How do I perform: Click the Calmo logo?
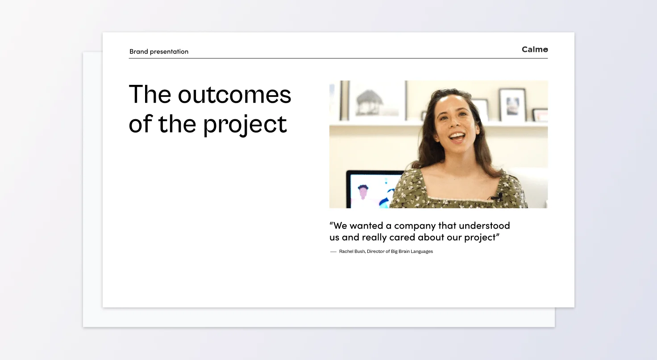click(535, 49)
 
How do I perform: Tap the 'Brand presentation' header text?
click(159, 52)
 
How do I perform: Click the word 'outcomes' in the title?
click(234, 95)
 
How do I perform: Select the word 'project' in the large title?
click(245, 125)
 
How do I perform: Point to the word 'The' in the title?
click(150, 94)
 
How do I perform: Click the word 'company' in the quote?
click(415, 226)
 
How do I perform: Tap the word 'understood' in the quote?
click(484, 225)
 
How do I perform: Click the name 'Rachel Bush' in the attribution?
click(352, 251)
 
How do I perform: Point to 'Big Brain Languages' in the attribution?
click(412, 251)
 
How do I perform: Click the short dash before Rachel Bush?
click(333, 252)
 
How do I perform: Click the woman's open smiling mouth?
click(457, 137)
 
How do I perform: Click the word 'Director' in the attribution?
click(375, 251)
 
